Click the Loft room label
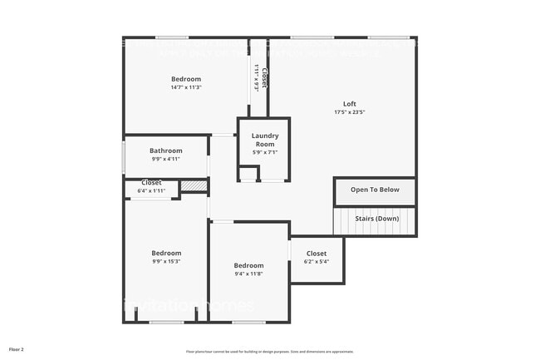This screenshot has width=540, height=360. tap(350, 104)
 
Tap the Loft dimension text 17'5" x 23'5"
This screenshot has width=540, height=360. tap(350, 112)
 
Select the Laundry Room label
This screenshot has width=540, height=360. tap(265, 140)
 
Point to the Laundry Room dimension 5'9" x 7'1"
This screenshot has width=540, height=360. tap(265, 152)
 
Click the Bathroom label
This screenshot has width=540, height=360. tap(166, 150)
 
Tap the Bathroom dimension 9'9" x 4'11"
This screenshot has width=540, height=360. tap(166, 159)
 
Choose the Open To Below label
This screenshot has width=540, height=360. tap(375, 190)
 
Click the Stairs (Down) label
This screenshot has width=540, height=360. tap(376, 219)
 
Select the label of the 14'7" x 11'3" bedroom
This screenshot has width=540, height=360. tap(186, 79)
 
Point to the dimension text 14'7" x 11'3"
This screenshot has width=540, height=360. tap(186, 87)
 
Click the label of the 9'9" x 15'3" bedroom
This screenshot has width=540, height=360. tap(166, 253)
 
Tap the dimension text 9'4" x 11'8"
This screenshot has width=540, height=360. tap(249, 274)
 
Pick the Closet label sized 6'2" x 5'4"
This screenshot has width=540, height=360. tap(317, 254)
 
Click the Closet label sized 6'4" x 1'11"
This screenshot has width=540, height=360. tap(151, 183)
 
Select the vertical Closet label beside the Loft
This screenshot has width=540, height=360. tap(264, 78)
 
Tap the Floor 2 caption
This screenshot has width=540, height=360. tap(17, 348)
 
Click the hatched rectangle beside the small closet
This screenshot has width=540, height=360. tap(194, 186)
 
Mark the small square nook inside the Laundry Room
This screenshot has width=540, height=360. tap(248, 174)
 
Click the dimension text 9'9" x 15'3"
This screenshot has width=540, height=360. tap(166, 261)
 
